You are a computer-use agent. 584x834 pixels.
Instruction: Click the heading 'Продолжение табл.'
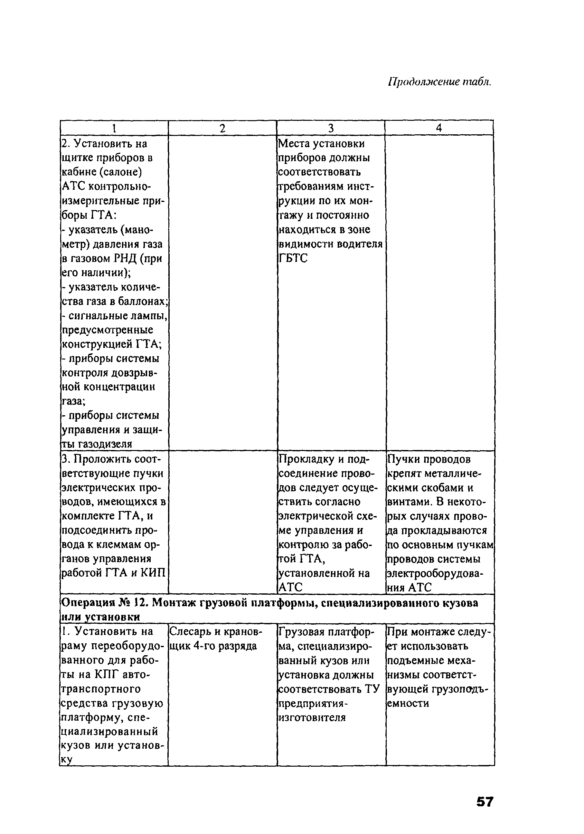pyautogui.click(x=439, y=82)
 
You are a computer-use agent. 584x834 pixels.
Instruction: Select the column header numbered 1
pyautogui.click(x=114, y=128)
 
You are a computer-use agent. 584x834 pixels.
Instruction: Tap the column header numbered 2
pyautogui.click(x=222, y=128)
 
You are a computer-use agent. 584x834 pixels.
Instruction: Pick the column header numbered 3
pyautogui.click(x=331, y=128)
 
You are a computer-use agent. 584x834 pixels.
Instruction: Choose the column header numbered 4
pyautogui.click(x=439, y=128)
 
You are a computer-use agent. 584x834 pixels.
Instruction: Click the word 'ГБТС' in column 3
pyautogui.click(x=293, y=258)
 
